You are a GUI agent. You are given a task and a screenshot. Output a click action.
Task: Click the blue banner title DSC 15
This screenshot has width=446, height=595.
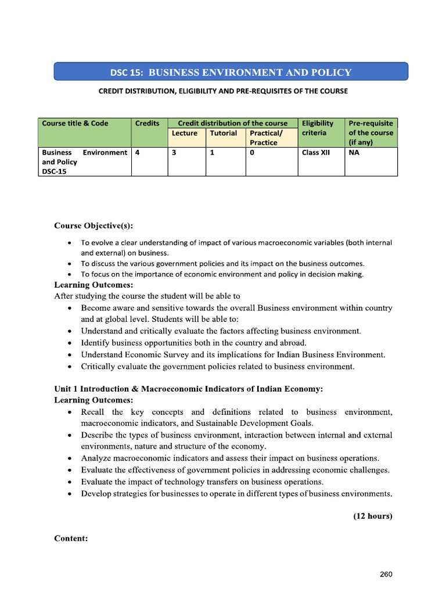pos(231,72)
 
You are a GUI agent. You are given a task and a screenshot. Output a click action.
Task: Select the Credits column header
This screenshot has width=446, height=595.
pos(147,123)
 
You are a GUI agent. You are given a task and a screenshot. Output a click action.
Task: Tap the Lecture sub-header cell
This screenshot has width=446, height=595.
pos(185,133)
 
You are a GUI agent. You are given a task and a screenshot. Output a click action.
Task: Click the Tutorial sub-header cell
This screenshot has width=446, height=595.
pos(224,133)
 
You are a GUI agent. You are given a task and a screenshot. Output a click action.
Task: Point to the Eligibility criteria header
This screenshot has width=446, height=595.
pos(318,128)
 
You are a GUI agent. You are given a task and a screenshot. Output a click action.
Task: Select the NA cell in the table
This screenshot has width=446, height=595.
pos(354,153)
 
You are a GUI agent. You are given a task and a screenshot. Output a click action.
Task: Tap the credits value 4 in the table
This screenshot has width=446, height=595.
pos(136,153)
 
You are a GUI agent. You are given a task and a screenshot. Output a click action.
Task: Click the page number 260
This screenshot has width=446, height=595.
pos(386,575)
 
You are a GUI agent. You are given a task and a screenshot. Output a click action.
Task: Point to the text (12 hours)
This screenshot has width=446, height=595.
pos(373,516)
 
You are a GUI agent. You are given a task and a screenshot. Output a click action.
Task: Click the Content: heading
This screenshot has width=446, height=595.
pos(71,539)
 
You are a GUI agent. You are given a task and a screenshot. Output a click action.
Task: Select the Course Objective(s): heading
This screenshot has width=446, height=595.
pos(93,225)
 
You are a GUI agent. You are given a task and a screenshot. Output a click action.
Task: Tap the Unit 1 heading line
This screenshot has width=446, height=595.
pos(188,389)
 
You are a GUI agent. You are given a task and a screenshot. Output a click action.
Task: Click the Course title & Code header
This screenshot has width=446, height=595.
pos(75,123)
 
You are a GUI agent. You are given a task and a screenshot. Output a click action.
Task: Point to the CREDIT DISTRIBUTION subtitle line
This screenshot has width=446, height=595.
pos(223,91)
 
